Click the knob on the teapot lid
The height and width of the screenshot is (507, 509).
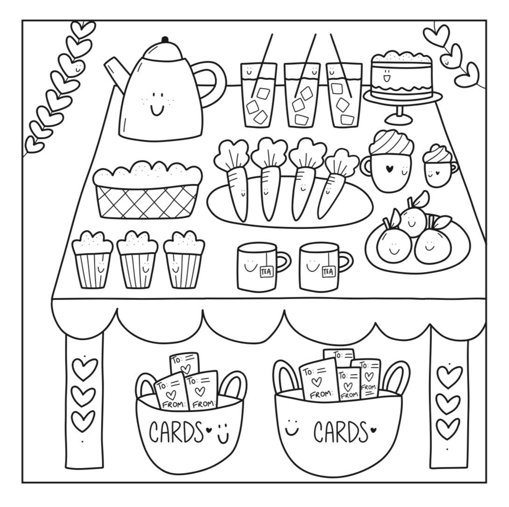coord(165,40)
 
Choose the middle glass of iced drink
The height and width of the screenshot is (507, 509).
coord(301,94)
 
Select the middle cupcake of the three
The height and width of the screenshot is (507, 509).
coord(137,259)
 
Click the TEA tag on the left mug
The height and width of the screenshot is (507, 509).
coord(267,271)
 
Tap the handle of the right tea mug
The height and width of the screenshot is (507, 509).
coord(346,263)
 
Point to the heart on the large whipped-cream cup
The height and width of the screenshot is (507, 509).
coord(389,168)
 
